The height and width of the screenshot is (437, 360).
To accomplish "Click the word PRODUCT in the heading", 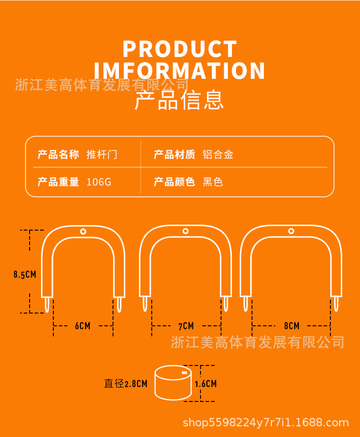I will pyautogui.click(x=180, y=49).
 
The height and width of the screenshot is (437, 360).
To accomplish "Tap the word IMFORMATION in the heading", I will pyautogui.click(x=180, y=71).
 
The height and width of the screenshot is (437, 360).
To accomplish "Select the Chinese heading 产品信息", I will pyautogui.click(x=180, y=101).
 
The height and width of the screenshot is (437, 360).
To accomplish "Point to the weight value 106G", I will pyautogui.click(x=99, y=182).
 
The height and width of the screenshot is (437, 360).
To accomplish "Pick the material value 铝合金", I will pyautogui.click(x=218, y=154).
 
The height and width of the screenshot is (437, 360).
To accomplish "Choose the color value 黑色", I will pyautogui.click(x=213, y=182).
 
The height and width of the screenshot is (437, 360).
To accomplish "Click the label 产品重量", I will pyautogui.click(x=58, y=182).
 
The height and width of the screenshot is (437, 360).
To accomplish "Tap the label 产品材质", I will pyautogui.click(x=175, y=154).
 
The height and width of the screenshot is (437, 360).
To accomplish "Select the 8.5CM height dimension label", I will pyautogui.click(x=25, y=274).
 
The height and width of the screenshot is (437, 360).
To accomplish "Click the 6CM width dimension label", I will pyautogui.click(x=82, y=326).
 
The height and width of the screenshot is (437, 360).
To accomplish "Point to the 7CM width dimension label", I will pyautogui.click(x=186, y=326).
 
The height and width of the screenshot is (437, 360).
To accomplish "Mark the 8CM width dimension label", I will pyautogui.click(x=292, y=326).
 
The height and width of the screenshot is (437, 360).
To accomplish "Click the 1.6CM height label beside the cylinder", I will pyautogui.click(x=206, y=384).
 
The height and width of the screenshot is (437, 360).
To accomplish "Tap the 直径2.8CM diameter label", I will pyautogui.click(x=126, y=384).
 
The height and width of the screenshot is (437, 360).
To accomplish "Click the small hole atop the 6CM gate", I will pyautogui.click(x=83, y=231).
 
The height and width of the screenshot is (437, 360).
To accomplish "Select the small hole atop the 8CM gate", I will pyautogui.click(x=291, y=231).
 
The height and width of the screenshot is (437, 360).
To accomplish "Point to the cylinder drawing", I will pyautogui.click(x=173, y=383).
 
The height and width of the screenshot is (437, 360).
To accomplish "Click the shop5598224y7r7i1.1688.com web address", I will pyautogui.click(x=266, y=422).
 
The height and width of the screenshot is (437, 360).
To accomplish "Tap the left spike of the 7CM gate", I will pyautogui.click(x=145, y=303).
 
